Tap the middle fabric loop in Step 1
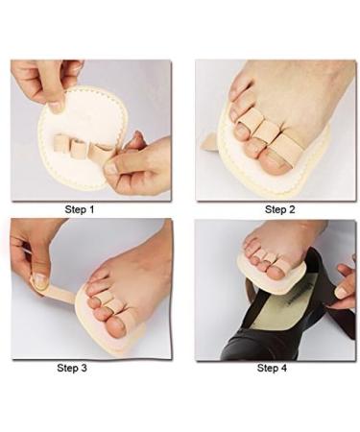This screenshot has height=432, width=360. pos(78,149)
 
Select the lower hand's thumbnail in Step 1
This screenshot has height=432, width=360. pos(113,167)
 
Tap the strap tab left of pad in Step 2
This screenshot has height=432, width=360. pos(209,141)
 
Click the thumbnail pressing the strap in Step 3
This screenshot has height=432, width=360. pos(39,281)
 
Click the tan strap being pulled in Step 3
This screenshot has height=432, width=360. pos(62,291)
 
